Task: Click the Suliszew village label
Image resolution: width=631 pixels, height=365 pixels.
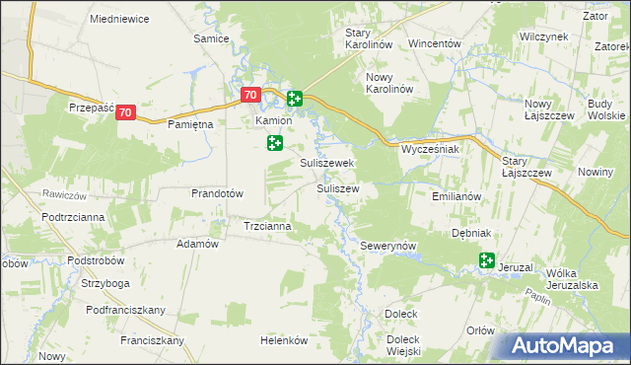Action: coord(337,187)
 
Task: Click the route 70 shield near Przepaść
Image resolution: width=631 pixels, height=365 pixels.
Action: coord(125,113)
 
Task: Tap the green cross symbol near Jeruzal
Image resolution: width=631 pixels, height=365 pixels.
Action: coord(486,260)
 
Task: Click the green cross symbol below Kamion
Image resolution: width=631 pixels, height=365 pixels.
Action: coord(275,144)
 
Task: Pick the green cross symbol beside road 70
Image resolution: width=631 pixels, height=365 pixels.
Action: coord(294,98)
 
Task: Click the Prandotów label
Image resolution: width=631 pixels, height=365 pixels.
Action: coord(217,193)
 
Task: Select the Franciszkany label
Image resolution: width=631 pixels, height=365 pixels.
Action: coord(153,340)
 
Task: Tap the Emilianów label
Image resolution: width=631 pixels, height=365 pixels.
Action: coord(456,196)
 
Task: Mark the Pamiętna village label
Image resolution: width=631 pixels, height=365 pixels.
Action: coord(190,126)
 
